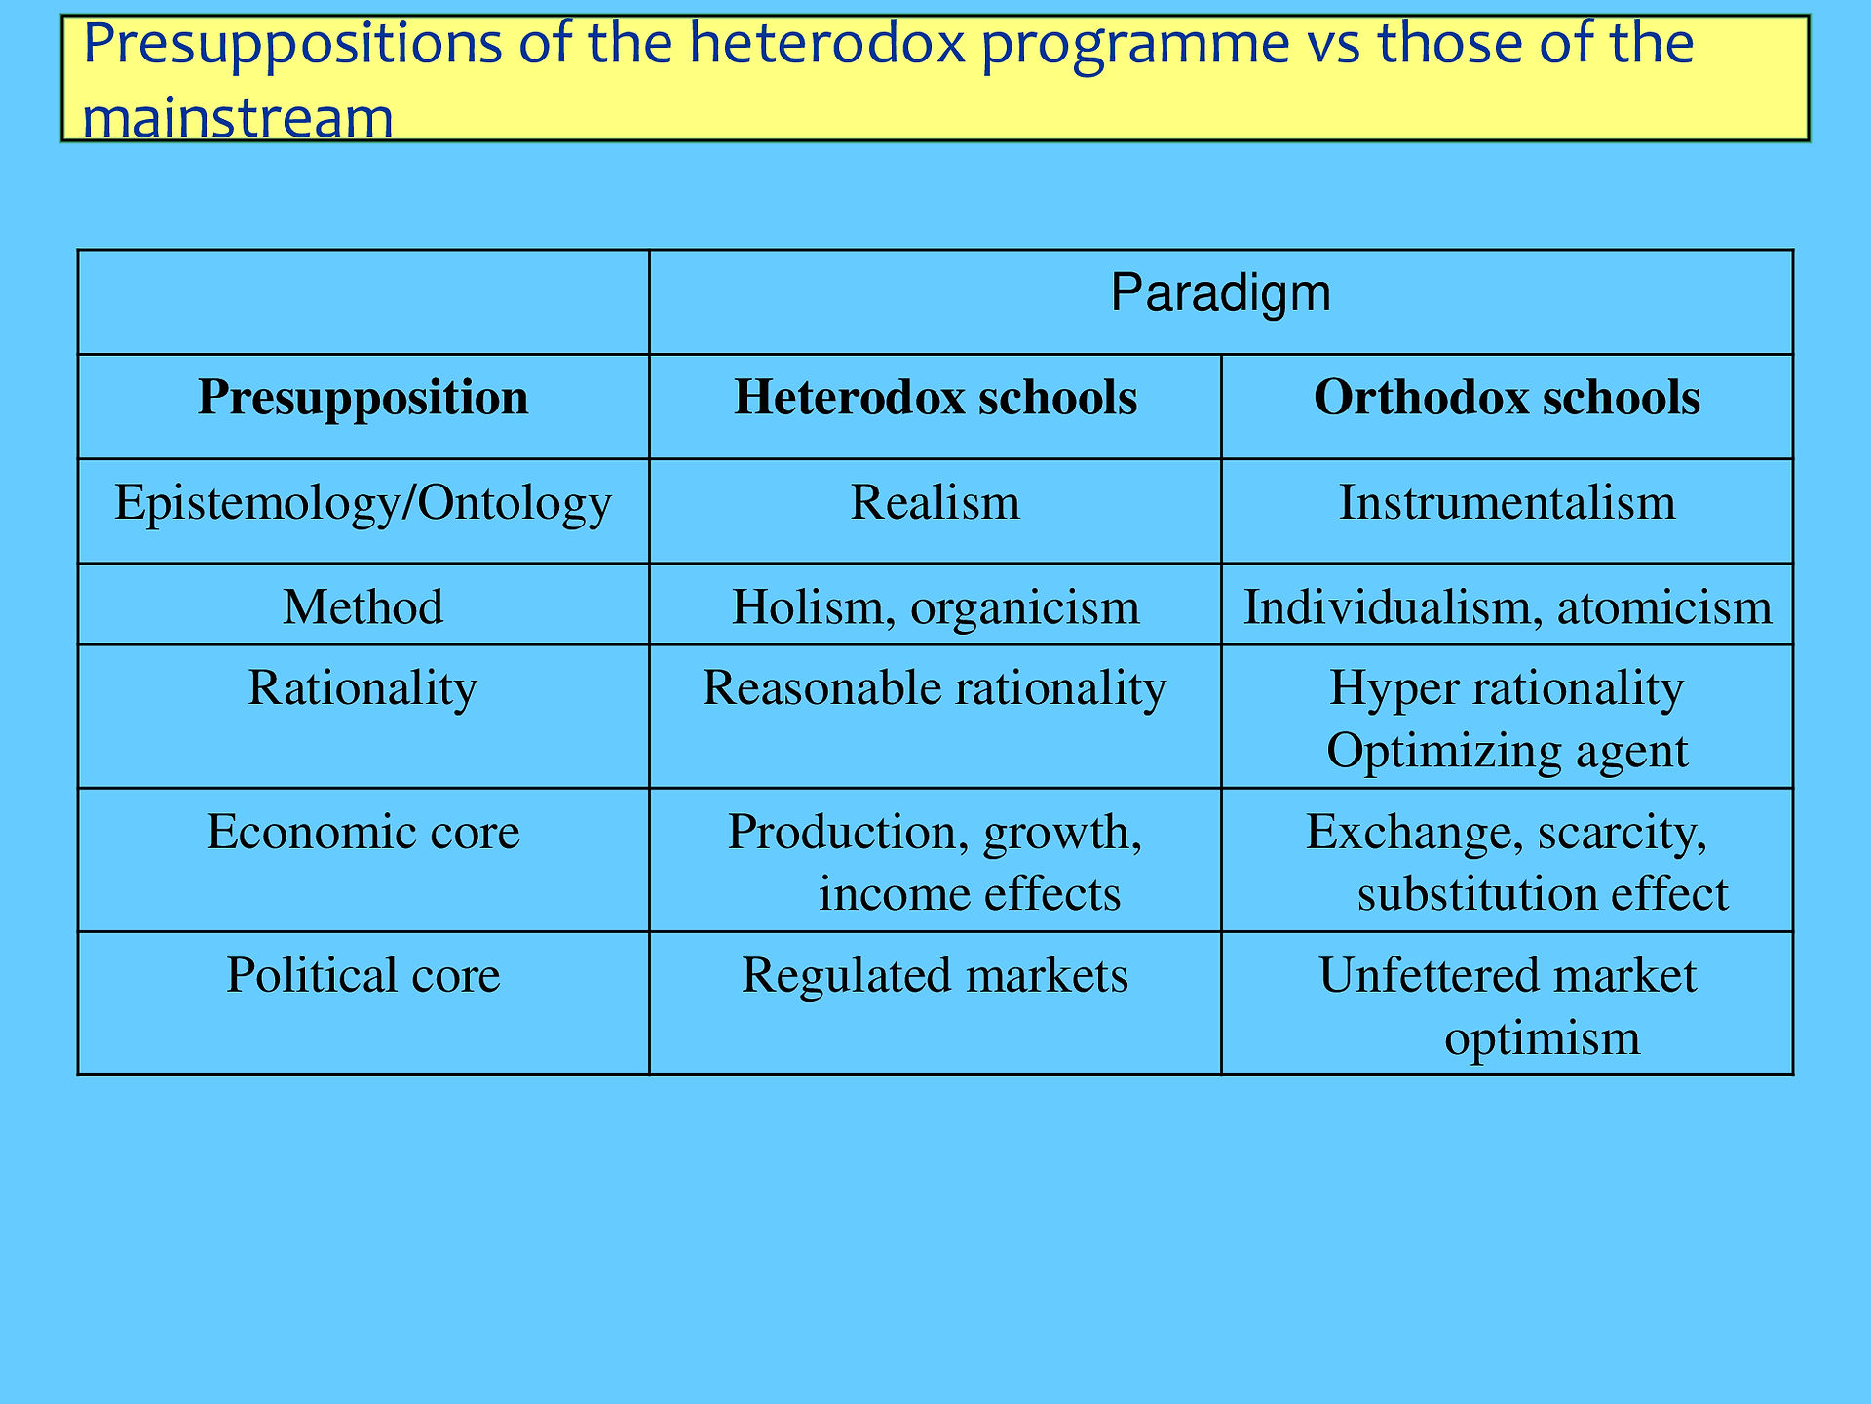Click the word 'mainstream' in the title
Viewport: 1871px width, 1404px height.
click(x=238, y=118)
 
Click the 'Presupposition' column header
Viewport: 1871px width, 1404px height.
click(x=363, y=398)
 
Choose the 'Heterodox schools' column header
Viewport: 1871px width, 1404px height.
click(x=935, y=398)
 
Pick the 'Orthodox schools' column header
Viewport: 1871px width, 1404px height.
click(x=1507, y=398)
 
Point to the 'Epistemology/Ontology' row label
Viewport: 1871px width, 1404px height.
click(x=363, y=503)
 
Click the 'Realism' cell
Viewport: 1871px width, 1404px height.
click(x=935, y=502)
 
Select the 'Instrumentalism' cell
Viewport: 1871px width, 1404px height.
click(x=1507, y=502)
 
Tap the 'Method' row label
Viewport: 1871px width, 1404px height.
click(x=363, y=606)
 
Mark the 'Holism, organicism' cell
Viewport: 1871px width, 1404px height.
click(x=935, y=607)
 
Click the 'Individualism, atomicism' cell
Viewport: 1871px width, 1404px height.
click(x=1507, y=607)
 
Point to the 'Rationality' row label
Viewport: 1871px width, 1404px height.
click(x=363, y=688)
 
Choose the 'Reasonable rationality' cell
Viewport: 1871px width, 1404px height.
click(x=935, y=688)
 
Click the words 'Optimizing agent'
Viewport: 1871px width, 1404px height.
click(x=1507, y=752)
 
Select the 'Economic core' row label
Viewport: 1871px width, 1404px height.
click(x=363, y=832)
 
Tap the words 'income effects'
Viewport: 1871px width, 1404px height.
click(x=970, y=894)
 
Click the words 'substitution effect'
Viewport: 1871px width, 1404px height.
click(x=1543, y=894)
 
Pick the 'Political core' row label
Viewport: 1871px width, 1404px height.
click(x=363, y=975)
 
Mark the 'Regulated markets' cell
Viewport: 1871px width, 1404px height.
click(x=935, y=976)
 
